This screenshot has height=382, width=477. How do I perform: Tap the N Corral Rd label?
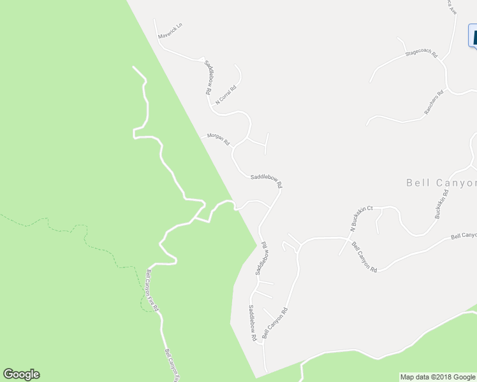[x=226, y=94]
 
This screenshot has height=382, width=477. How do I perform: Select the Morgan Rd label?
[x=217, y=139]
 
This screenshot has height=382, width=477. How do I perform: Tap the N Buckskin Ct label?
[x=359, y=219]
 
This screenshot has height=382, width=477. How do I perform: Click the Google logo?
[x=21, y=374]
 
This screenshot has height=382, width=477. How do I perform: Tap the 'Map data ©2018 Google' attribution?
[x=438, y=377]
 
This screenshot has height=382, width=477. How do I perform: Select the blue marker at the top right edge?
[x=473, y=35]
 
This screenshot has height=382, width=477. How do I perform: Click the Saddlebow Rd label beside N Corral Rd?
[x=208, y=78]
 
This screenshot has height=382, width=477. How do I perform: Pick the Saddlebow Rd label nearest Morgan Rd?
[x=267, y=181]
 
